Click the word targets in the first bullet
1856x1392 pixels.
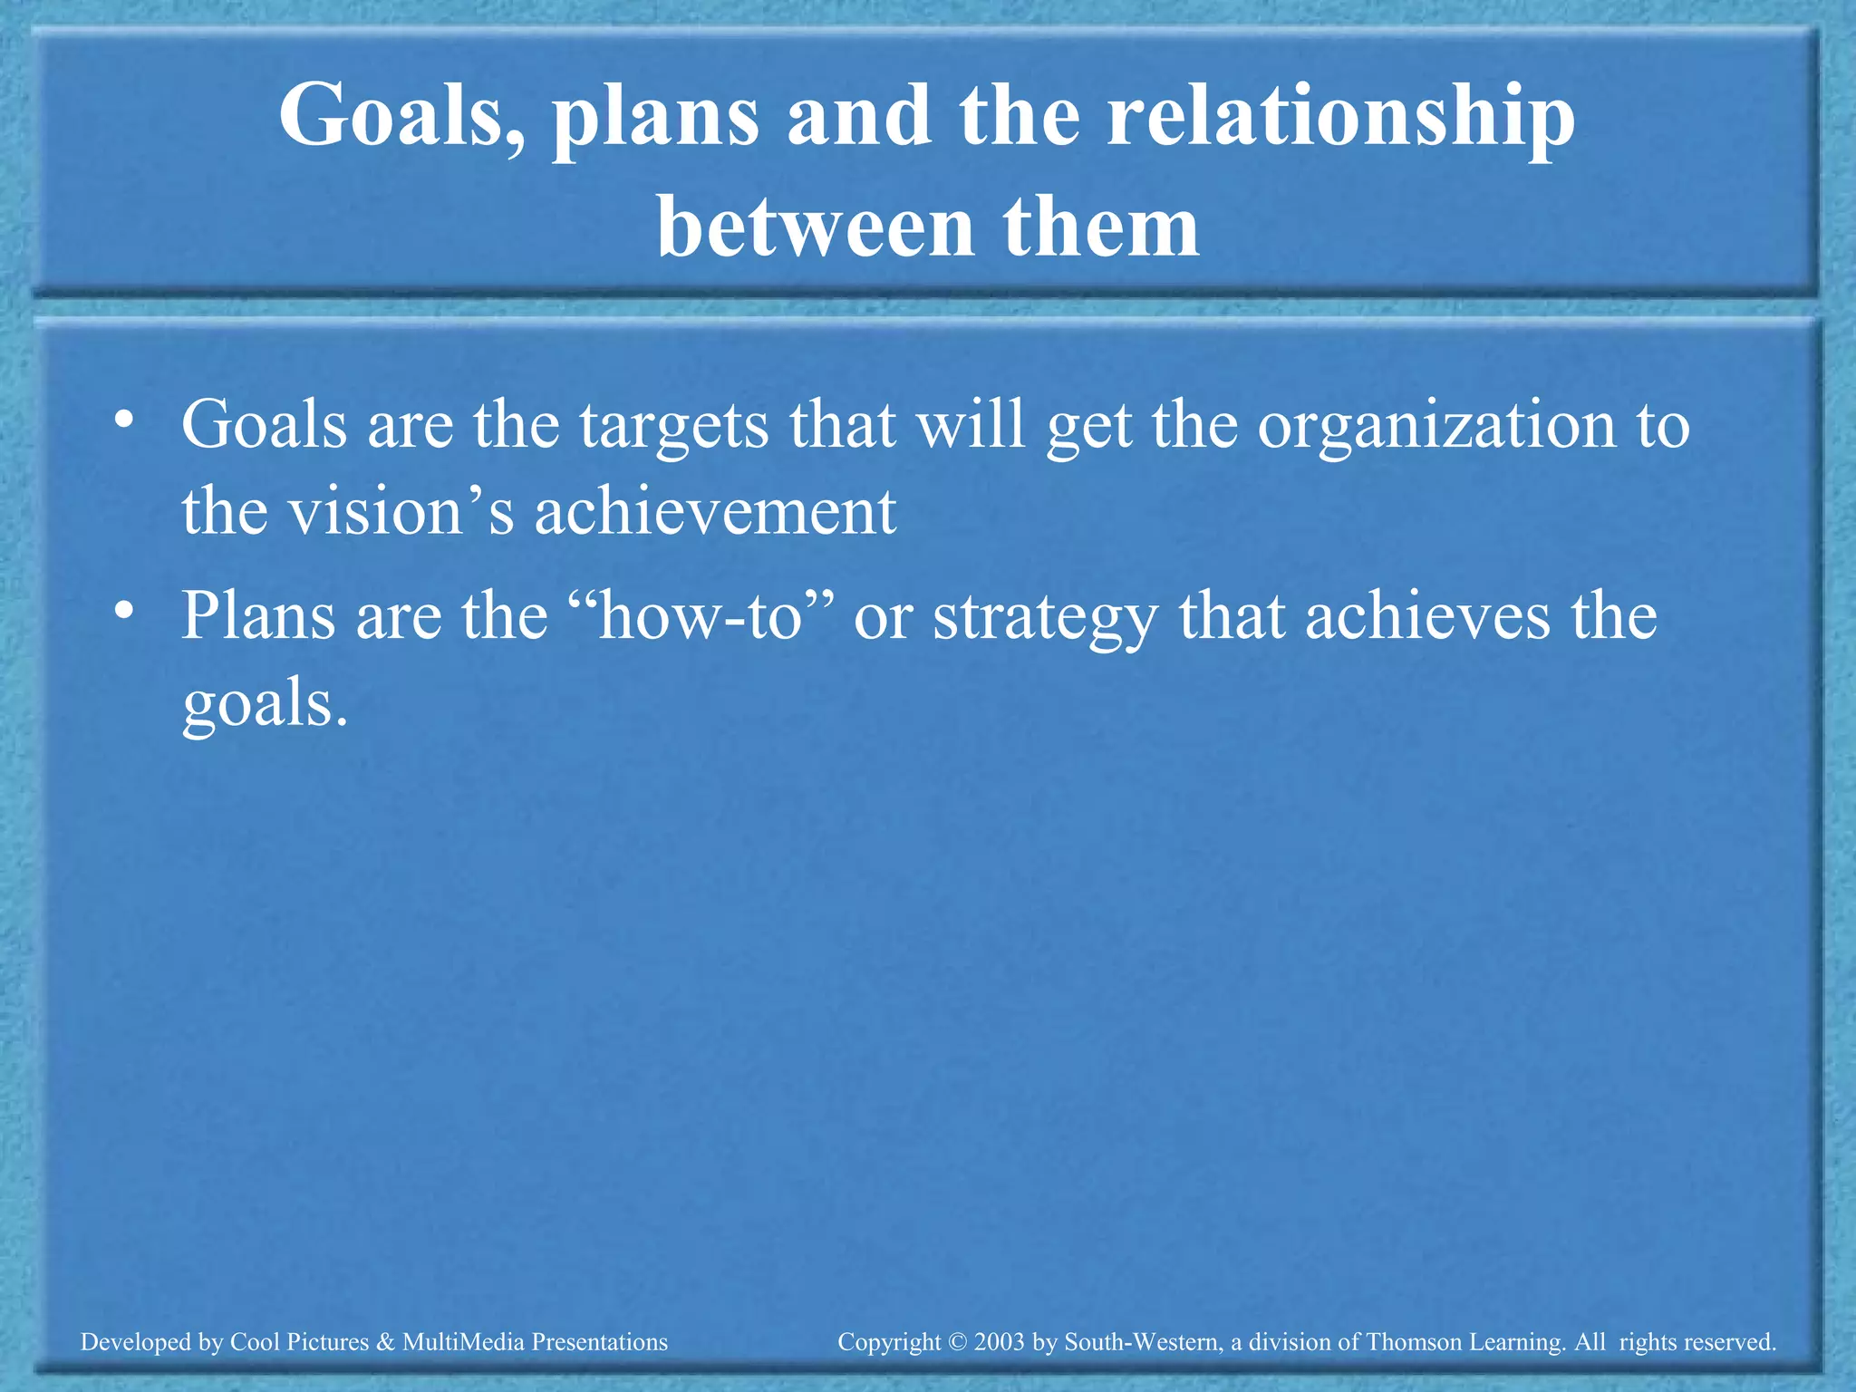(x=674, y=426)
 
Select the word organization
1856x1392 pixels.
(x=1436, y=426)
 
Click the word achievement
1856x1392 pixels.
(x=715, y=511)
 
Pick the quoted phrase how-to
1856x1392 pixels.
(x=702, y=616)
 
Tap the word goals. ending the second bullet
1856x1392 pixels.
(x=265, y=705)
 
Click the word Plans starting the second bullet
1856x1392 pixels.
(x=258, y=616)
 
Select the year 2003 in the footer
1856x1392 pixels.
(x=1000, y=1342)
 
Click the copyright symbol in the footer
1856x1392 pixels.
(x=958, y=1342)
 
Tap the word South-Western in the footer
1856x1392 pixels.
(x=1141, y=1342)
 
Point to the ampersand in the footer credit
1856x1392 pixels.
(x=385, y=1342)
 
